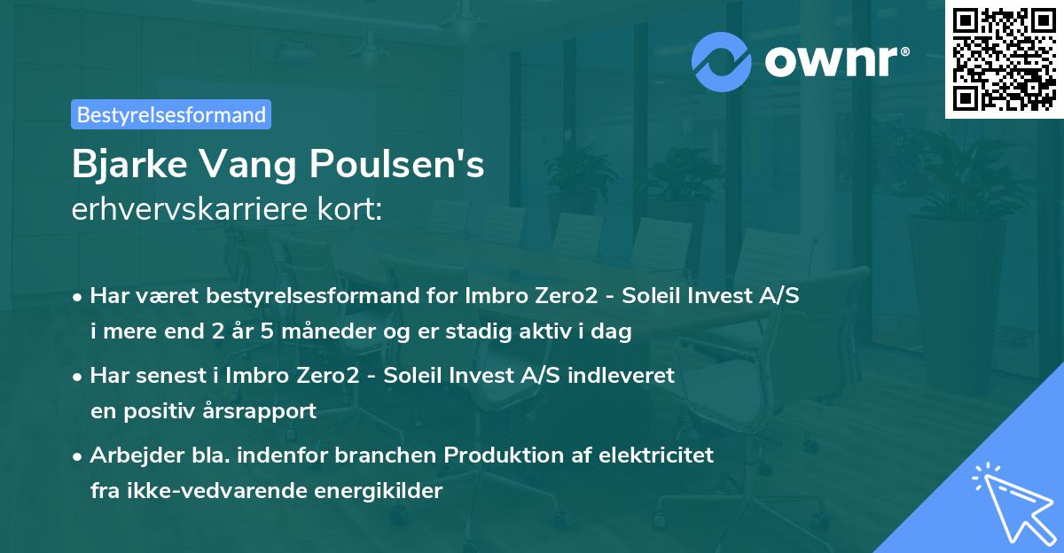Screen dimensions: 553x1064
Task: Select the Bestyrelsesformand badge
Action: coord(171,114)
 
